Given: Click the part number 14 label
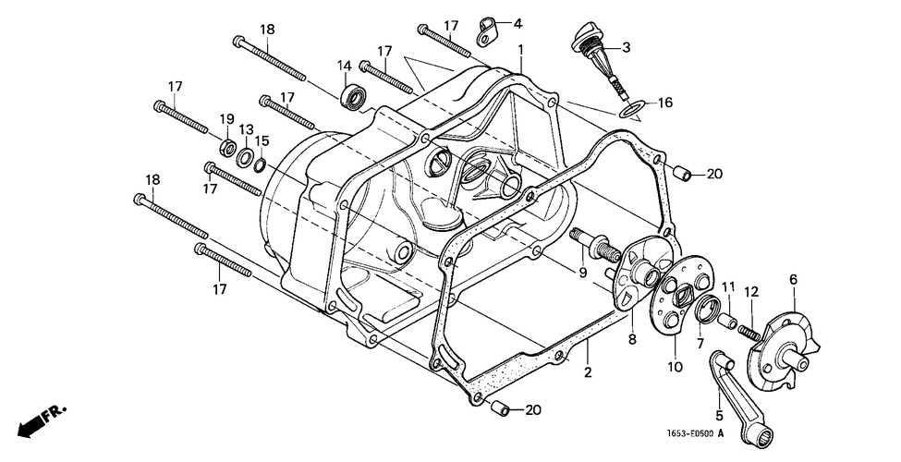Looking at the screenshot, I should [x=344, y=66].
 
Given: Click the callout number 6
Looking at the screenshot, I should [x=792, y=278].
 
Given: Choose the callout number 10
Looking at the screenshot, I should [x=675, y=367].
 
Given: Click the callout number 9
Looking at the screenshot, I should [x=583, y=273].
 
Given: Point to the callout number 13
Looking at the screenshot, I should [x=246, y=128].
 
